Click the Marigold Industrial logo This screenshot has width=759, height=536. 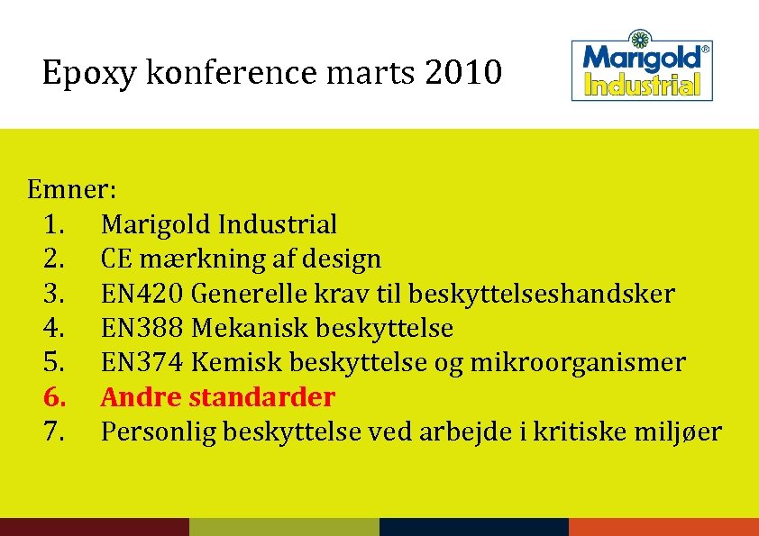(642, 68)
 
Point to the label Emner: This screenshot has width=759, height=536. (70, 190)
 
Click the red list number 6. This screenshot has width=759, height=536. (53, 397)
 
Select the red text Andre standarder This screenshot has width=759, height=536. (217, 397)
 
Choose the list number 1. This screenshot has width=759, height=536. (53, 224)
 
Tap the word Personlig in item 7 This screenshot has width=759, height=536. (158, 432)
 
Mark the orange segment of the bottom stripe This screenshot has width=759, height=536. (663, 527)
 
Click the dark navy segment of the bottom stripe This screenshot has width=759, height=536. (473, 527)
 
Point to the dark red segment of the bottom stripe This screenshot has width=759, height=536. (94, 527)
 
